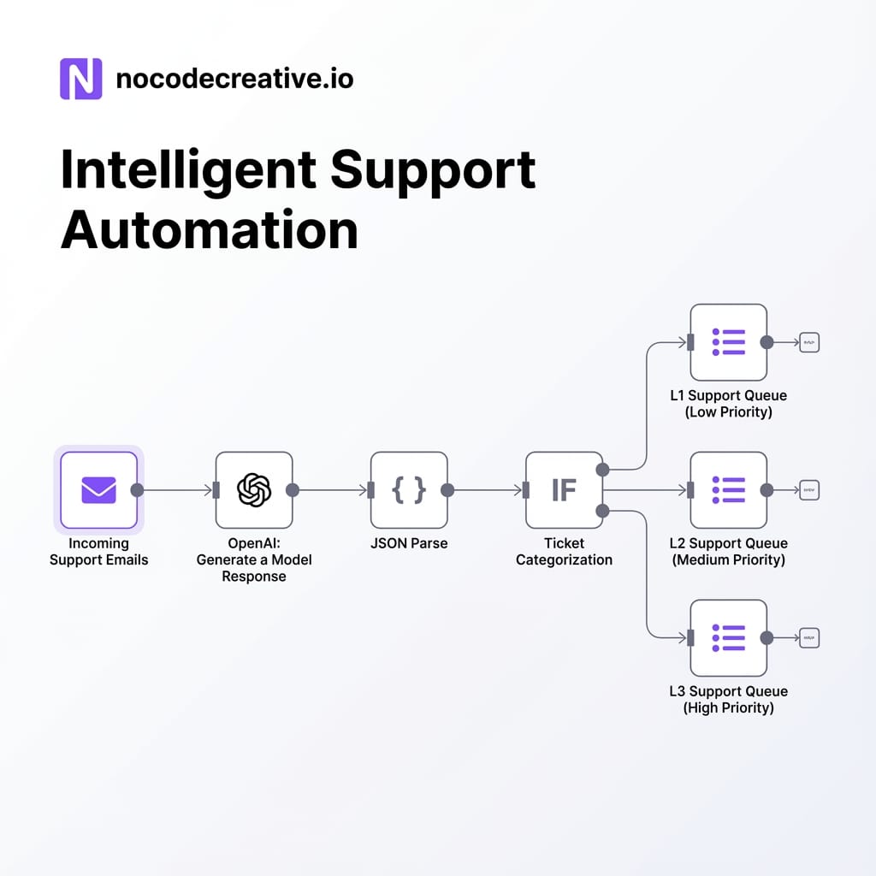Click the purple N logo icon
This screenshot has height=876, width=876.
pos(81,79)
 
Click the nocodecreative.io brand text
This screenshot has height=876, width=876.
pos(234,80)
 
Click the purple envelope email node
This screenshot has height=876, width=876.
pos(98,490)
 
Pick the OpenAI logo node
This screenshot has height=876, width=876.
pos(254,490)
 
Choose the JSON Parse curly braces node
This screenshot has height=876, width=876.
pos(409,490)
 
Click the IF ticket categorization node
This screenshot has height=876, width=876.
pos(564,490)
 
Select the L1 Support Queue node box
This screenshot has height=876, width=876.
pos(728,342)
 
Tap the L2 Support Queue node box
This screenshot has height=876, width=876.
pos(728,490)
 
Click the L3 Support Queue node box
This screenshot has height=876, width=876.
pos(728,638)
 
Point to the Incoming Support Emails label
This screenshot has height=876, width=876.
pos(98,552)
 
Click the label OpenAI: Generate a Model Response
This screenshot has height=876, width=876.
pos(254,559)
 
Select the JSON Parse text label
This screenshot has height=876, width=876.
pos(409,543)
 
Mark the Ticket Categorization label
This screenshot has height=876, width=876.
pos(564,552)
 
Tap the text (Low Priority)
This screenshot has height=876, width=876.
pos(728,412)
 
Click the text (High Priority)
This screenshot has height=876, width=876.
pos(728,708)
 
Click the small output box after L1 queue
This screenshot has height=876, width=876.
pos(809,342)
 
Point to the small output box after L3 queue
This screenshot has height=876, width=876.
pos(809,638)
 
